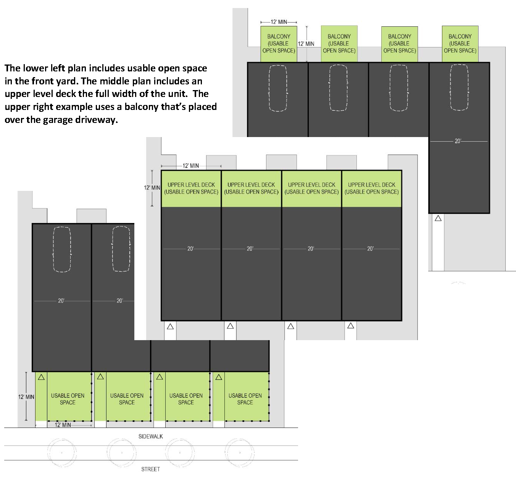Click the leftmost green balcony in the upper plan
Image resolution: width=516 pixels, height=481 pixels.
pyautogui.click(x=279, y=44)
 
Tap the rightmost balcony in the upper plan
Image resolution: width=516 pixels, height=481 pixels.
pyautogui.click(x=460, y=44)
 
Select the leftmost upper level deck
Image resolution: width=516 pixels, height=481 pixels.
pyautogui.click(x=191, y=189)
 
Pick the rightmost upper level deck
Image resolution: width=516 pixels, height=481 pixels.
pyautogui.click(x=371, y=189)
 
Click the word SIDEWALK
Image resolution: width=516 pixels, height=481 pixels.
pyautogui.click(x=150, y=436)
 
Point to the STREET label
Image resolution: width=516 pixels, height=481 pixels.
pyautogui.click(x=150, y=469)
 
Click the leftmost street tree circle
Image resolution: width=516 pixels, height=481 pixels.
pyautogui.click(x=62, y=452)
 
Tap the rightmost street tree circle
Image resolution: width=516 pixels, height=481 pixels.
pyautogui.click(x=240, y=452)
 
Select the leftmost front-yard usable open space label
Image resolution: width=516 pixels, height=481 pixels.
pyautogui.click(x=68, y=399)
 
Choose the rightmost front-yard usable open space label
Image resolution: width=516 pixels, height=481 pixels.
pyautogui.click(x=245, y=399)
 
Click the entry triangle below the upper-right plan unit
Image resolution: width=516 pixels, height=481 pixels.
pyautogui.click(x=438, y=218)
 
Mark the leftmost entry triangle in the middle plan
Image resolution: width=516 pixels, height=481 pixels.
pyautogui.click(x=170, y=327)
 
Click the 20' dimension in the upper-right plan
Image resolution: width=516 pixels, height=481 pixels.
pyautogui.click(x=458, y=141)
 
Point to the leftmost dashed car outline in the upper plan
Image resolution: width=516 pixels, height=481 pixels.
pyautogui.click(x=278, y=88)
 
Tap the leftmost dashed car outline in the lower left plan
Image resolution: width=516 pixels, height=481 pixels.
pyautogui.click(x=62, y=249)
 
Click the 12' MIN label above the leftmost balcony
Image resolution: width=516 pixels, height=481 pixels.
pyautogui.click(x=279, y=22)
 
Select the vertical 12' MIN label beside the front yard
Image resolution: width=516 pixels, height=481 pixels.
pyautogui.click(x=26, y=397)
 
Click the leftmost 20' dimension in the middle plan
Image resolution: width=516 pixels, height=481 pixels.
pyautogui.click(x=190, y=249)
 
